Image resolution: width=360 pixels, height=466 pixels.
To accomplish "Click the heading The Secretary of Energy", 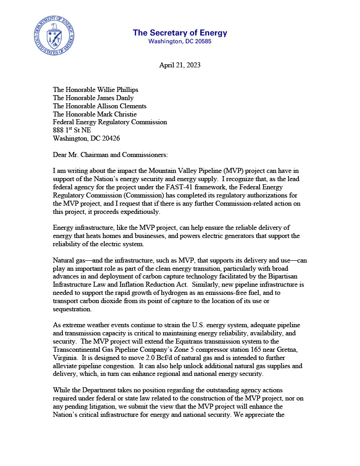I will [180, 33].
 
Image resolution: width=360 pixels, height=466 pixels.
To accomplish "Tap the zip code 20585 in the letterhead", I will [202, 41].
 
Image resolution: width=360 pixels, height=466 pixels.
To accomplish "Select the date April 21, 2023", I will [180, 65].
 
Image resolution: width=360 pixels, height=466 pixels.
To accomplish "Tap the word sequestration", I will [72, 309].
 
